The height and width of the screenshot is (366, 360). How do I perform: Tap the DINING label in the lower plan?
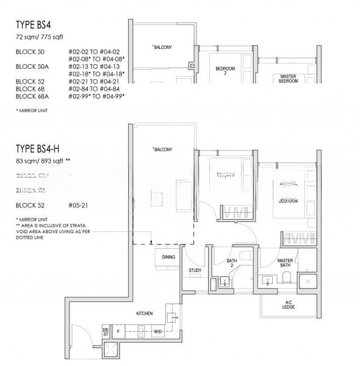coord(169,257)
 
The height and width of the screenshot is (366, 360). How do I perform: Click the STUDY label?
coord(195,270)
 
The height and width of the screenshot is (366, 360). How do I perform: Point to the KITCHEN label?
coord(144,313)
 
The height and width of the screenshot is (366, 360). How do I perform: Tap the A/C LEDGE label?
coord(289,304)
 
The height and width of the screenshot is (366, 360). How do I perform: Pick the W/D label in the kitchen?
coord(157,332)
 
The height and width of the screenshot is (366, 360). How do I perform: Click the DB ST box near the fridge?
coord(105,331)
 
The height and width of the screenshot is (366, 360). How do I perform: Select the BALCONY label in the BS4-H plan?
coord(162,149)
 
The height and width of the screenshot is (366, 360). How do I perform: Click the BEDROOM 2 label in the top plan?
coord(225,71)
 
